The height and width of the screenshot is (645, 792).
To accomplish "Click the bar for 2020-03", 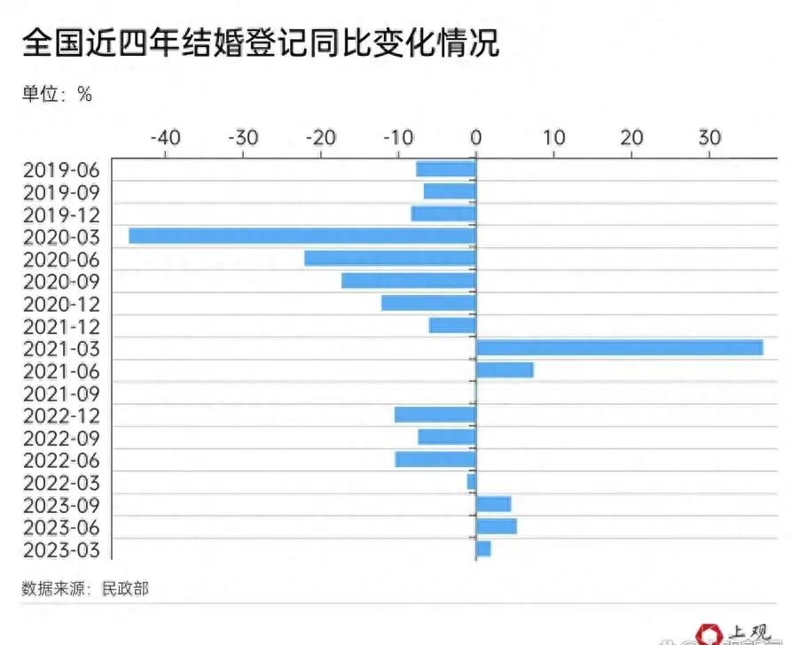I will (302, 236).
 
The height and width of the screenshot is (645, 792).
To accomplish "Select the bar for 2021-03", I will (619, 347).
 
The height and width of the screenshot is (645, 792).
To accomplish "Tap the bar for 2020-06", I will (390, 258).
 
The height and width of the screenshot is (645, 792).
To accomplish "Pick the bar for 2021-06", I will (505, 369).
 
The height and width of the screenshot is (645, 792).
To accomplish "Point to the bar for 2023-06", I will (497, 526).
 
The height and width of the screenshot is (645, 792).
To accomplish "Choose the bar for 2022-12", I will (435, 415).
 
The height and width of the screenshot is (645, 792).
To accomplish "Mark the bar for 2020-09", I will (409, 280).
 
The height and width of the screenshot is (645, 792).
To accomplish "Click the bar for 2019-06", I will (446, 169).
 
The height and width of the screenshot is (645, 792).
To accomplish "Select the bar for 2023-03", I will (483, 548).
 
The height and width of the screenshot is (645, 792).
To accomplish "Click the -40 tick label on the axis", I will (165, 138).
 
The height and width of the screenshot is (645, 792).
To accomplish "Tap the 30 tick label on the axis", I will (708, 138).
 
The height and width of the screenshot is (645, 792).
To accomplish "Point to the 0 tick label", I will (476, 138).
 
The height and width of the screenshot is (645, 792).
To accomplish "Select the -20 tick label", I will (320, 138).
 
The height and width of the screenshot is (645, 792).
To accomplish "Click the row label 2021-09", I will (62, 392).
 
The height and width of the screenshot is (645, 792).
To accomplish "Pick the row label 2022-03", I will (62, 482).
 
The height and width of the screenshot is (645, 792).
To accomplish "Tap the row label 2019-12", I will (62, 214).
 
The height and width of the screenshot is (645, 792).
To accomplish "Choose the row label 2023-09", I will (62, 505).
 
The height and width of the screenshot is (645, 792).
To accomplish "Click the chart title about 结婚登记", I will (261, 43).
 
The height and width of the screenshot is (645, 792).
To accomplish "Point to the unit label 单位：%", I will (57, 94).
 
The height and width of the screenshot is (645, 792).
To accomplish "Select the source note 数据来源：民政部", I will (85, 588).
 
